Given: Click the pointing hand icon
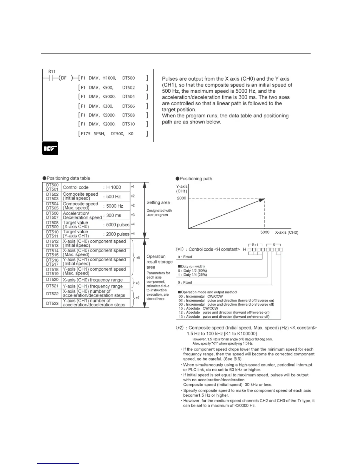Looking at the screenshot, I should (50, 148).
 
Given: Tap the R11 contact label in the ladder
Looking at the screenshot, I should (52, 71).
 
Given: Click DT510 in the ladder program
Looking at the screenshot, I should (129, 124).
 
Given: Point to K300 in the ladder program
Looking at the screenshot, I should (108, 106).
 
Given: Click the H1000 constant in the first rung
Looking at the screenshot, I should (109, 78).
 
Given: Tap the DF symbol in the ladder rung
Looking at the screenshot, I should (64, 78).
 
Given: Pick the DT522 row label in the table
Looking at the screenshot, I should (52, 294).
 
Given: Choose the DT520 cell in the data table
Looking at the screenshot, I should (52, 280).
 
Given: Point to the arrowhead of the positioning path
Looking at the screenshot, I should (262, 200).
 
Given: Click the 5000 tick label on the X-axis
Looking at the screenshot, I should (265, 232).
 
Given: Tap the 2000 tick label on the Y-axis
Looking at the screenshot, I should (181, 198).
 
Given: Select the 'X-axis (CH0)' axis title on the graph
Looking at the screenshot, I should (286, 232).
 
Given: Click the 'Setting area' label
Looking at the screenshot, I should (158, 202).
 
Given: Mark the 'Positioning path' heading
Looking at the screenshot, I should (196, 179).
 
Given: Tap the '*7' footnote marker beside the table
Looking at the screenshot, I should (137, 298).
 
